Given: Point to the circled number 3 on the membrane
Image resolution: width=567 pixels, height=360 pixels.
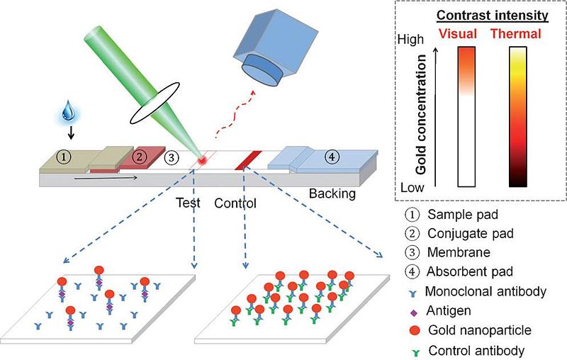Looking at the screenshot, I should tap(170, 158).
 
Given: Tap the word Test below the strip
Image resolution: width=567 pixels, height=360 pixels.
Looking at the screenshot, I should tap(189, 203).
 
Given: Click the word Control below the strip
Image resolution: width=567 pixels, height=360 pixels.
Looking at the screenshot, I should tap(236, 203).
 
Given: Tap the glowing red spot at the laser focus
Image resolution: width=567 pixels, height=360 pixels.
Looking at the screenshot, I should tap(203, 162).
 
